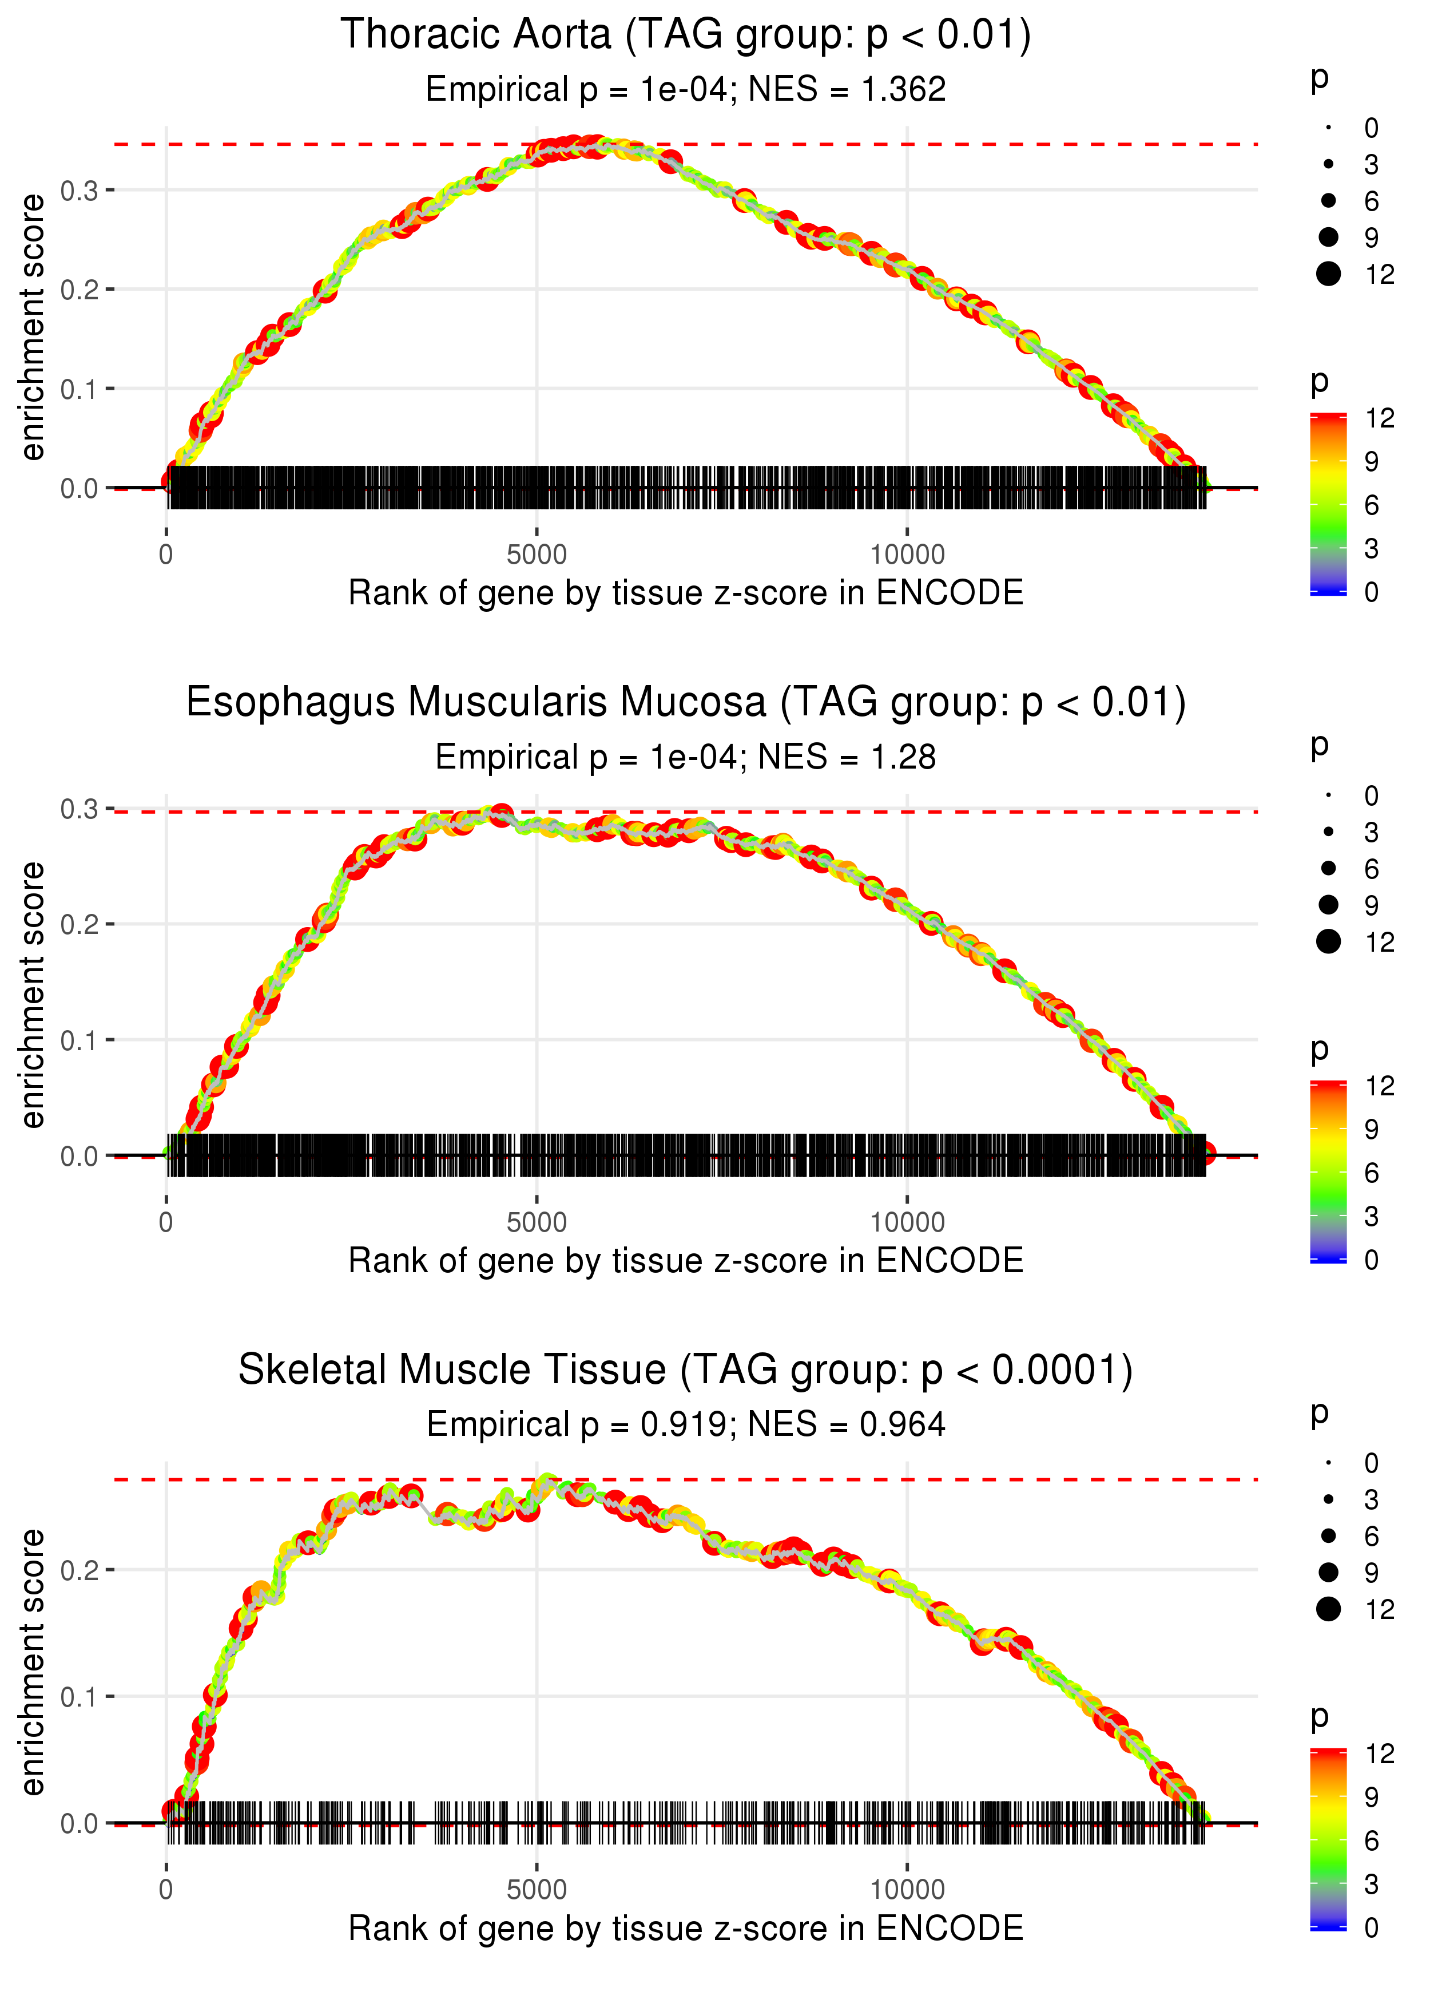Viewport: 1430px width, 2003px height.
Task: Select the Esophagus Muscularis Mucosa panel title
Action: (x=685, y=703)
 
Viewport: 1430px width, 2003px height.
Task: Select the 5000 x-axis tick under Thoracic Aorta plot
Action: (x=537, y=555)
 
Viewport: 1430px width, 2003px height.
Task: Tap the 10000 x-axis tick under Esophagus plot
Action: (x=907, y=1222)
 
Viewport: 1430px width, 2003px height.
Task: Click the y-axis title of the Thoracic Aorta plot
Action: (x=33, y=328)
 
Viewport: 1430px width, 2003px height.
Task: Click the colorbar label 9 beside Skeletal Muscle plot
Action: (x=1371, y=1797)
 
